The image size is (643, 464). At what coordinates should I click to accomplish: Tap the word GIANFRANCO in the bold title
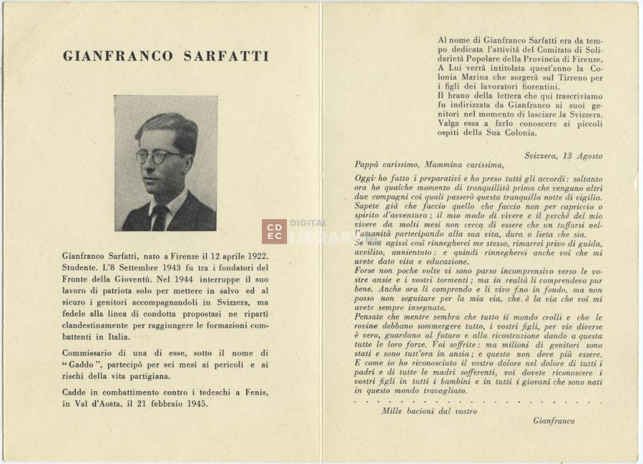(118, 56)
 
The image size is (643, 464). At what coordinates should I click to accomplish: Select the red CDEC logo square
(274, 231)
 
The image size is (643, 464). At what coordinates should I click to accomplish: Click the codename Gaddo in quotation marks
(81, 365)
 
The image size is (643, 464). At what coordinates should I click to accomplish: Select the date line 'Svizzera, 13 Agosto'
(563, 156)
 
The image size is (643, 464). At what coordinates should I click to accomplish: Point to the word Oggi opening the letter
(364, 179)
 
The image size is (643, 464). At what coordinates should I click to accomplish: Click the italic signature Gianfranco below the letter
(553, 421)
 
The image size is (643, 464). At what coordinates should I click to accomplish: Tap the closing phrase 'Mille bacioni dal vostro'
(429, 411)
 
